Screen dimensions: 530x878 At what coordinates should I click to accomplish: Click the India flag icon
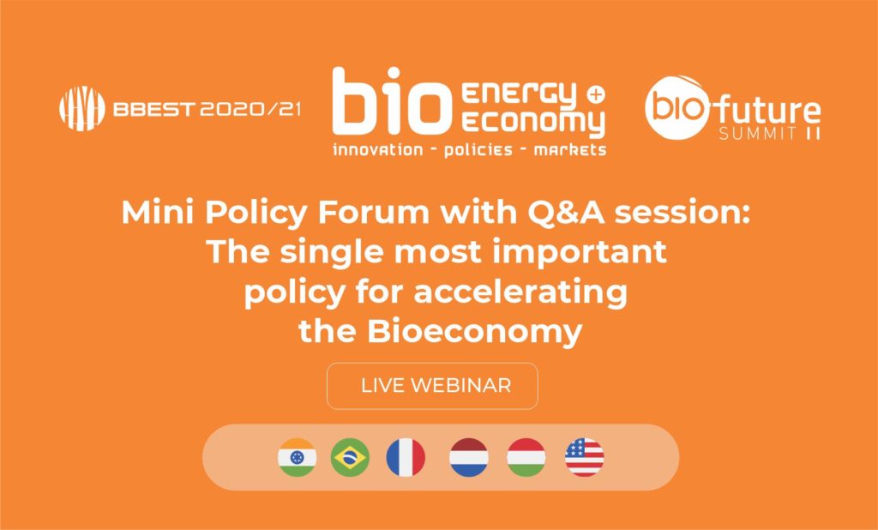[x=297, y=457]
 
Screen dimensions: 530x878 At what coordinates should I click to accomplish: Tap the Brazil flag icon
[x=350, y=457]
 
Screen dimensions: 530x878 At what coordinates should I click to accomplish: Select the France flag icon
[x=406, y=457]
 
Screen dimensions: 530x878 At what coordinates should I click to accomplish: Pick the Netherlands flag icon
[x=468, y=457]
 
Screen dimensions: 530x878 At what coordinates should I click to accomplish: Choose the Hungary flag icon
[x=526, y=457]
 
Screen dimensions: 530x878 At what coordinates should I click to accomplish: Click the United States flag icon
[x=584, y=457]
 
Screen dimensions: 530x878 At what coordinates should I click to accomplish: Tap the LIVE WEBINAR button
[x=432, y=385]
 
